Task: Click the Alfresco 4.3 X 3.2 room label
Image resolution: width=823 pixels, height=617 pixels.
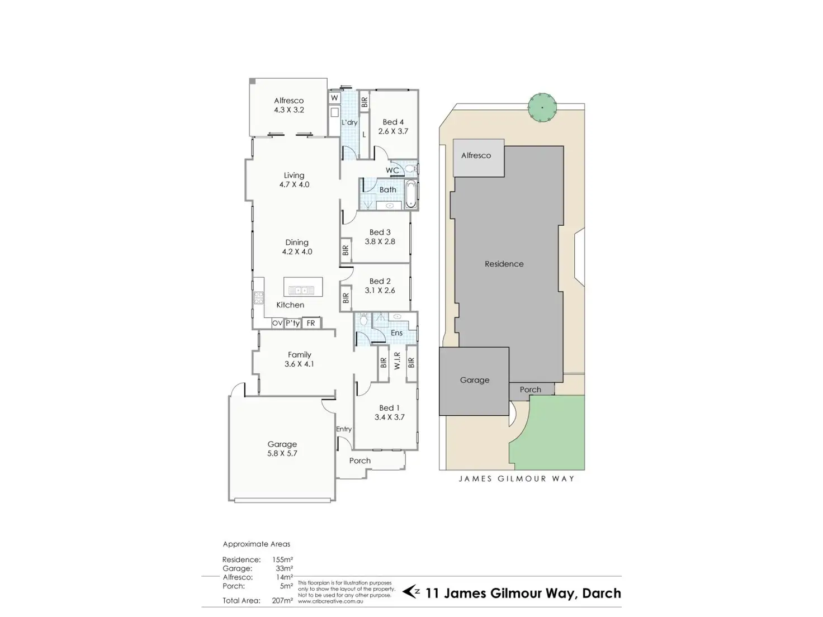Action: [288, 105]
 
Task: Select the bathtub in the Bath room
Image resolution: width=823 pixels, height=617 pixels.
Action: [411, 193]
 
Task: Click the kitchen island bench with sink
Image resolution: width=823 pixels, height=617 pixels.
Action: [302, 287]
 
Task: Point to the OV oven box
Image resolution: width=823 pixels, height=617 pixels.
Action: [277, 323]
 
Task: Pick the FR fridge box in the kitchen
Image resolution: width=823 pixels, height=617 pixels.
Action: [311, 323]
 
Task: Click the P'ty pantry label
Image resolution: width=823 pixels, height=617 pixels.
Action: [292, 323]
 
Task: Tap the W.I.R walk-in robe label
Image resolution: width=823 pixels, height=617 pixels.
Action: [397, 361]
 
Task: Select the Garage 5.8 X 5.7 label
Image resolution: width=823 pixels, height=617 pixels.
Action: [282, 449]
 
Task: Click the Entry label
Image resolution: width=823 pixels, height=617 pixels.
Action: [344, 429]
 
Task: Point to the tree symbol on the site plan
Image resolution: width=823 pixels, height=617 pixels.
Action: [542, 106]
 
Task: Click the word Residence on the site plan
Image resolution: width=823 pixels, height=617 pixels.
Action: [504, 264]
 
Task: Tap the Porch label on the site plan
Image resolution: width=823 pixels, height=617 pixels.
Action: [530, 390]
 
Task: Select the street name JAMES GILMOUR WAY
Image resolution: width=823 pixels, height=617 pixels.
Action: [516, 478]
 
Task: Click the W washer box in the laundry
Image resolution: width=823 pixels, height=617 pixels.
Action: [334, 98]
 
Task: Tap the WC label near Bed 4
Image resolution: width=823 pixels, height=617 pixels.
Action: [392, 170]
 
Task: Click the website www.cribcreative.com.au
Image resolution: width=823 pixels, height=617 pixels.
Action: [330, 601]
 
